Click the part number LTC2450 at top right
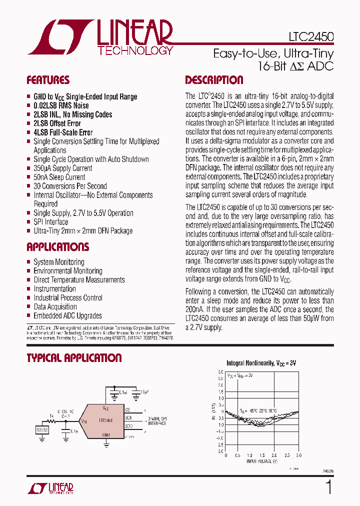(310, 37)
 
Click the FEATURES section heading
(48, 80)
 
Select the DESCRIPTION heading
(214, 80)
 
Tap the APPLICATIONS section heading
(57, 247)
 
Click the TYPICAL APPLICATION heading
(74, 358)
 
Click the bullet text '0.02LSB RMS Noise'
(61, 105)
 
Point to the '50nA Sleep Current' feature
(59, 177)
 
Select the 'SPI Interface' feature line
(50, 222)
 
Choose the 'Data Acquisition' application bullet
(55, 306)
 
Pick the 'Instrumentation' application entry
(54, 288)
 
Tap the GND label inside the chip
(106, 435)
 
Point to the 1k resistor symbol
(51, 421)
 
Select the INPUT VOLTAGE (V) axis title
(262, 461)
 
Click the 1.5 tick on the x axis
(262, 455)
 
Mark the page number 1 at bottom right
(328, 486)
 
